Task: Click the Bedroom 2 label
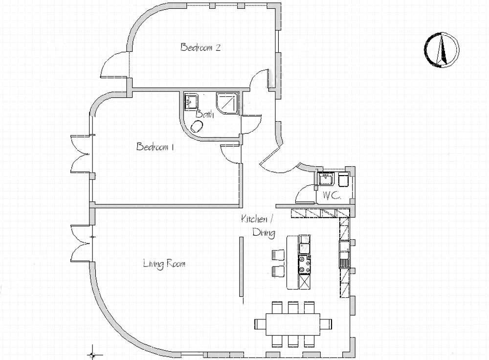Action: [200, 47]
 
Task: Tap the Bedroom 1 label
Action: [155, 147]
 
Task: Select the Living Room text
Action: [164, 264]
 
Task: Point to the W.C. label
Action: [332, 196]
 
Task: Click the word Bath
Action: [204, 114]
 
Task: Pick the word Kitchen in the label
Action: [254, 219]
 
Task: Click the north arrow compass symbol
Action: [441, 49]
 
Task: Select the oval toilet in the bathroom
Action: [197, 126]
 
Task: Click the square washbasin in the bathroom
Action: [190, 101]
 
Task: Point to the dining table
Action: [293, 324]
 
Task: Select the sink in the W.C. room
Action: [326, 179]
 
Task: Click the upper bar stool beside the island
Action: [278, 254]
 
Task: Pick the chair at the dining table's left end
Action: [261, 324]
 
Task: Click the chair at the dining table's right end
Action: [326, 324]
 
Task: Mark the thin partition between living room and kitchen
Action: [242, 267]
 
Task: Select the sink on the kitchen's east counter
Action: [345, 247]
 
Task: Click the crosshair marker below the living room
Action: [92, 355]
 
